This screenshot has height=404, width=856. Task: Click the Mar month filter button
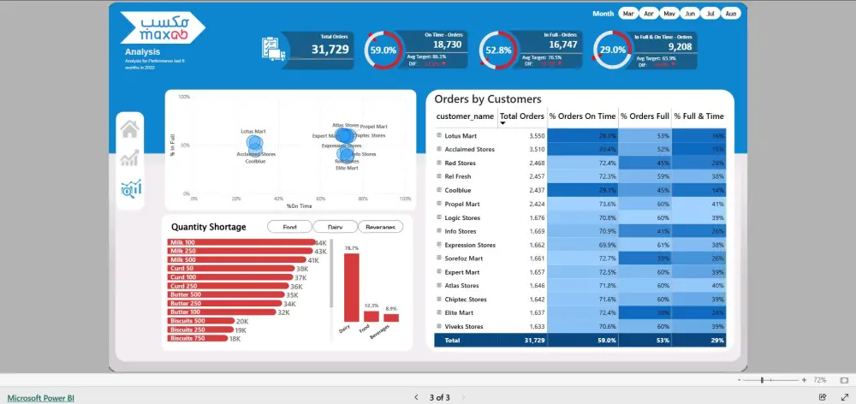coord(629,14)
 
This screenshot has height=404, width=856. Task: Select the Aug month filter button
coord(730,14)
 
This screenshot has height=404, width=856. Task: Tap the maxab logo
coord(162,27)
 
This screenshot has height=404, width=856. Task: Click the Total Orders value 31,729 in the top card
coord(329,50)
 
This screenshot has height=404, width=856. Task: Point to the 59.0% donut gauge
coord(382,50)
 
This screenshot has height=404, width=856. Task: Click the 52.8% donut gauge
coord(497,50)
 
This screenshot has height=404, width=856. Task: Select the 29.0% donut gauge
coord(611,50)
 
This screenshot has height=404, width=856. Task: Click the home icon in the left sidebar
coord(130,129)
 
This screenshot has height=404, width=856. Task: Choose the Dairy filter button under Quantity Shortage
coord(328,227)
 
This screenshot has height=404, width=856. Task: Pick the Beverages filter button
coord(380,227)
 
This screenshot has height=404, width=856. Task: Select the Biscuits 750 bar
coord(197,338)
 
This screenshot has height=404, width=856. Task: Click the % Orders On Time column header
coord(582,116)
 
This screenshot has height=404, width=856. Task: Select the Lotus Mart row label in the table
coord(461,136)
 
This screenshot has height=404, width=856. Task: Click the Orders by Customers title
coord(488,99)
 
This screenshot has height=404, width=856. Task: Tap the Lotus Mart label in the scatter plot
coord(253,132)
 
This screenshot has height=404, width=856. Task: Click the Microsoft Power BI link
coord(41,397)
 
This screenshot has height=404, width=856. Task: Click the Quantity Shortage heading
coord(208,227)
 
